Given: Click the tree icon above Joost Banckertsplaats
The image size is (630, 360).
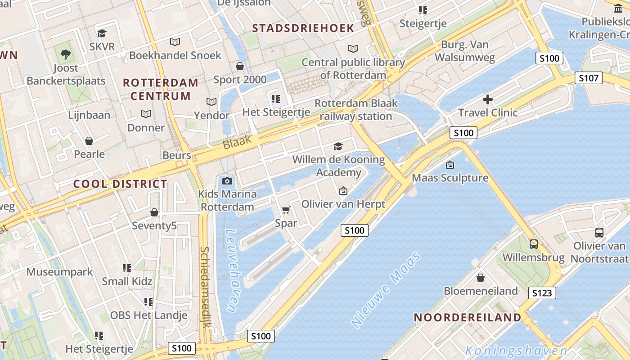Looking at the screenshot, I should [66, 55].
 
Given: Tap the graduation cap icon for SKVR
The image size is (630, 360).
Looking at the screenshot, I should [102, 33].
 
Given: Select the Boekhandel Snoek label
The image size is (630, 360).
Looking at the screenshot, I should [175, 55].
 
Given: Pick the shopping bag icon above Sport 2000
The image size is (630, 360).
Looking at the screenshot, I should [240, 66].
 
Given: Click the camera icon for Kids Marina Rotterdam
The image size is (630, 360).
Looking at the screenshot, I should [227, 181].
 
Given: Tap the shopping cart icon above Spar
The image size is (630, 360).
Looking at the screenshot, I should [286, 210].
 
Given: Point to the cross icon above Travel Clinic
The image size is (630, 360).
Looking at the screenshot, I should [488, 99].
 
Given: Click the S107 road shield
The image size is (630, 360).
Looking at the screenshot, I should [589, 78].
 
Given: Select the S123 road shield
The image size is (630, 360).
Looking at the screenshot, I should [542, 293].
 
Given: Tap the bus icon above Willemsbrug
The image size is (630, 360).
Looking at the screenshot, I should [533, 244].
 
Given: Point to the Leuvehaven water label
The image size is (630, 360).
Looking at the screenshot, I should [231, 271].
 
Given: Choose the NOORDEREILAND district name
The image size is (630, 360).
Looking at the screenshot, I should [467, 317].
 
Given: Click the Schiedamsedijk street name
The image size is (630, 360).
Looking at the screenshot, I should [205, 287].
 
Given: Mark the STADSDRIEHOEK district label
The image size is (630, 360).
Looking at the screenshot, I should [303, 28].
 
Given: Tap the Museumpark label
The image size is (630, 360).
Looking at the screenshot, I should [59, 272].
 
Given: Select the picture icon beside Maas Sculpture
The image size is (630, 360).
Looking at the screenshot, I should [450, 165].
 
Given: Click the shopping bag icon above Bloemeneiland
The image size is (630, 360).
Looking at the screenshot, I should [481, 278].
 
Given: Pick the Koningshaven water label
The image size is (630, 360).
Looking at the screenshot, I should [516, 351].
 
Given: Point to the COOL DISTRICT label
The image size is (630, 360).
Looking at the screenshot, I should [120, 184].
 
